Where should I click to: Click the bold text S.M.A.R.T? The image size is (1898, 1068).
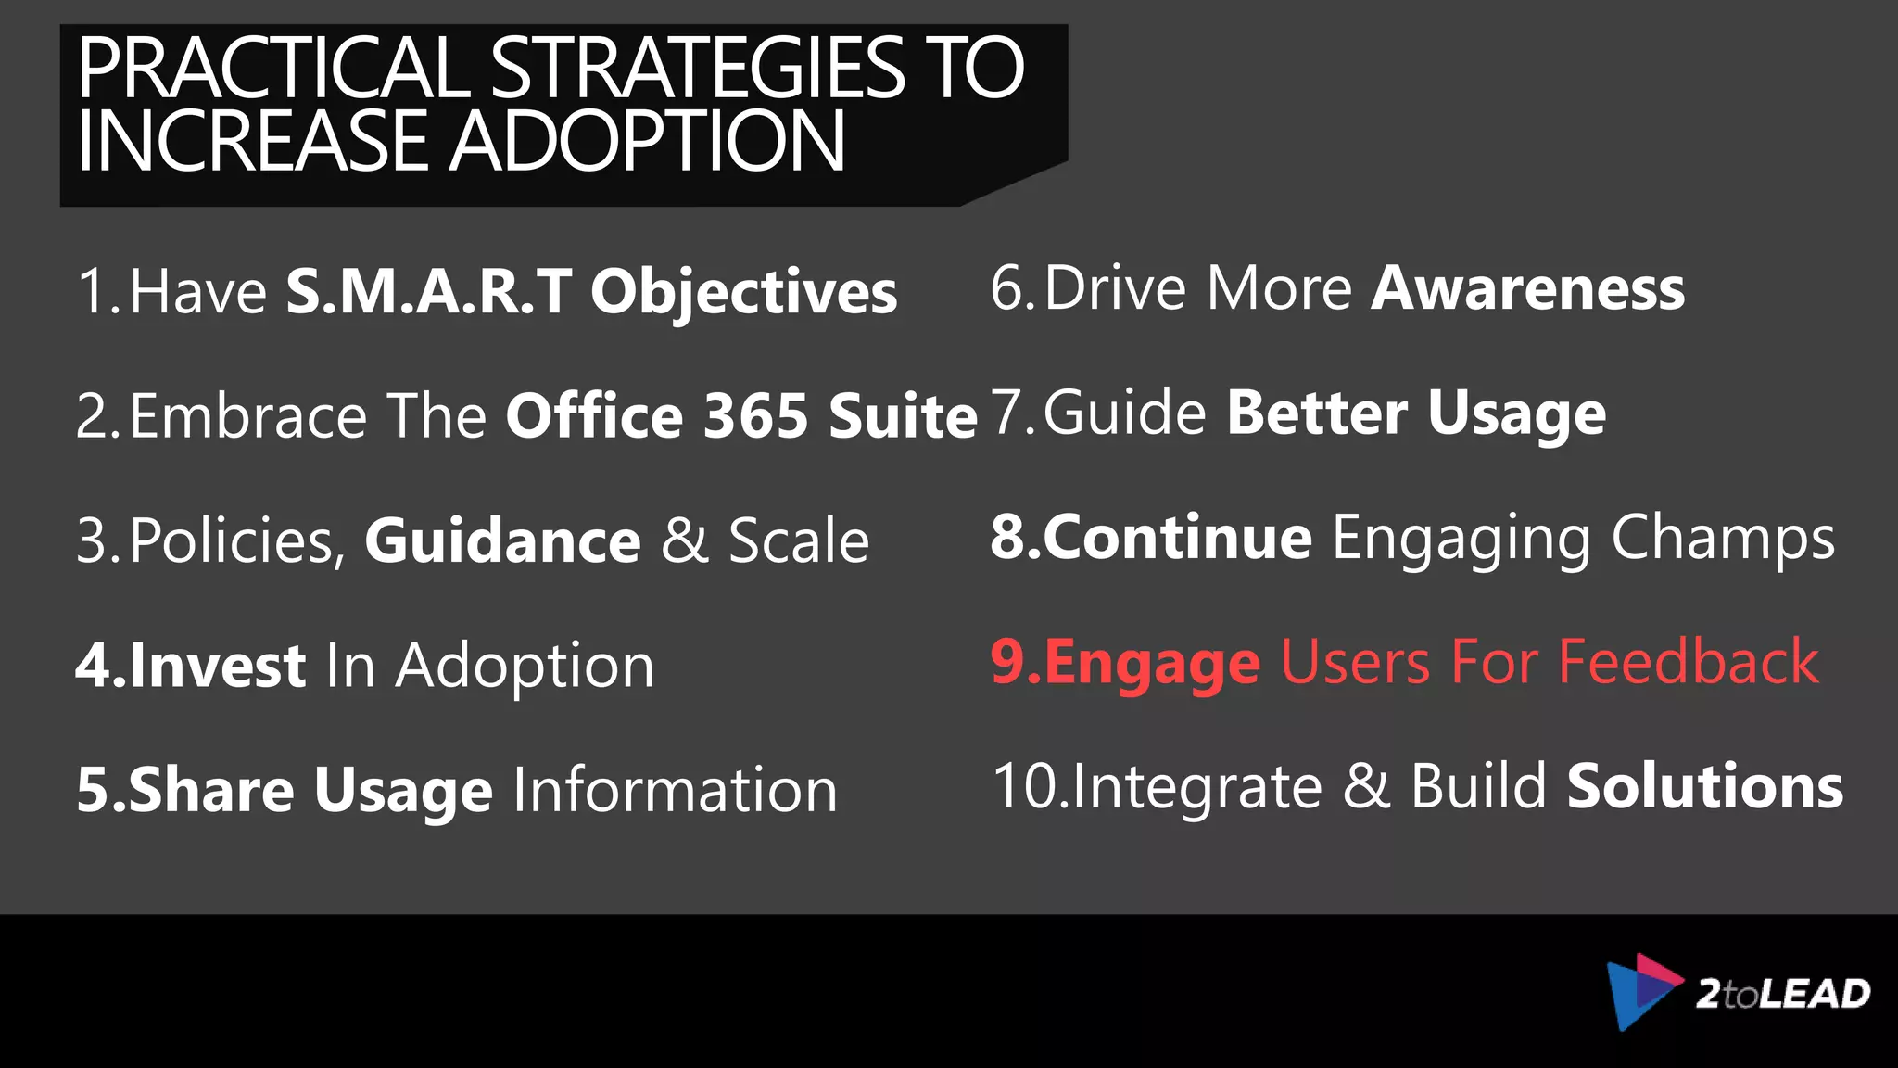pos(428,292)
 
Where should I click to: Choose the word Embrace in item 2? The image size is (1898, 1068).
pos(248,415)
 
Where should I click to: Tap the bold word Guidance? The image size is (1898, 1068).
pos(502,540)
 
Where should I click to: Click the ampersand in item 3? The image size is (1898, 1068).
pos(685,540)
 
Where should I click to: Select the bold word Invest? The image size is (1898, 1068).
pos(218,666)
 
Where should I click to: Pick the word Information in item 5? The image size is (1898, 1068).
pos(675,790)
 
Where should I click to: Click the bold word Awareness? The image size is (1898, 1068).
pos(1527,288)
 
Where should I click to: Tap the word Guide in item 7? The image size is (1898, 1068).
pos(1125,413)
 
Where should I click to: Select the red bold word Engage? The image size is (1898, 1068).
pos(1152,664)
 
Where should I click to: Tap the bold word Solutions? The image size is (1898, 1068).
pos(1704,786)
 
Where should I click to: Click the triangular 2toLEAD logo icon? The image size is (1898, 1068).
pos(1641,990)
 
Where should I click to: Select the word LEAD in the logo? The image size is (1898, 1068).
pos(1814,994)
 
